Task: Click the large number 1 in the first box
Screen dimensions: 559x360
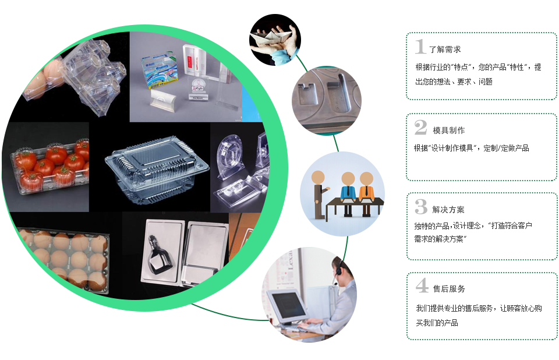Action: pos(420,47)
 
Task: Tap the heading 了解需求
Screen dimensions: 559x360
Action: pos(444,50)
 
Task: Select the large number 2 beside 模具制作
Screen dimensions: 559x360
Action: pos(420,128)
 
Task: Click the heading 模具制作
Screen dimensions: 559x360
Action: pos(449,130)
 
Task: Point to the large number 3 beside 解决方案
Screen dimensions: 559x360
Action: pos(421,207)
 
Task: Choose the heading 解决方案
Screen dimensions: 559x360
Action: pos(448,210)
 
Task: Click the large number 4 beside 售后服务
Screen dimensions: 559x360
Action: pos(422,285)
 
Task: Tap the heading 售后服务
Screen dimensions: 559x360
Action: pos(449,289)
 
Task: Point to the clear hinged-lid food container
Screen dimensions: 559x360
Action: pos(156,169)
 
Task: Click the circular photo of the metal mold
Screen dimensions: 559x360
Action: pos(326,100)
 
